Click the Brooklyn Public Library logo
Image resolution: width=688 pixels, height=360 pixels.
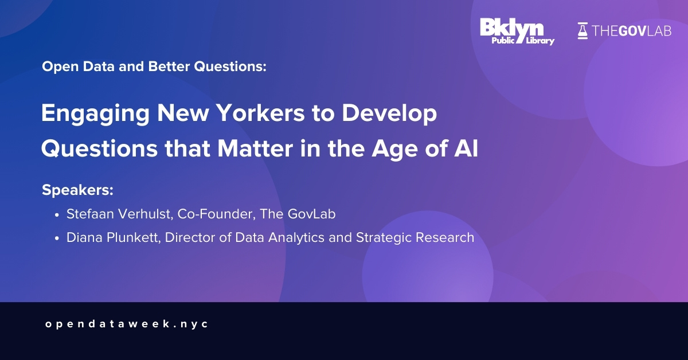[x=517, y=32]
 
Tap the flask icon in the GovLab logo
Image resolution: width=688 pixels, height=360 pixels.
[x=583, y=31]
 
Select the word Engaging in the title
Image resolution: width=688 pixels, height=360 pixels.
[x=96, y=114]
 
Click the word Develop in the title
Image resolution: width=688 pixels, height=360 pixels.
[x=389, y=114]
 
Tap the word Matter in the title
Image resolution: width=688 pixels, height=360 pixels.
[x=255, y=148]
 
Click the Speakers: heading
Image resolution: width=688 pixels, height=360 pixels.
[x=78, y=190]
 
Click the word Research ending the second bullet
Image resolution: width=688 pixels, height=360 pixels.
[x=415, y=237]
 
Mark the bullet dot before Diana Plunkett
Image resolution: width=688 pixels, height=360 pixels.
[x=57, y=238]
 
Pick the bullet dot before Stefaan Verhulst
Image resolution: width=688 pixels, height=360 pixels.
[x=57, y=215]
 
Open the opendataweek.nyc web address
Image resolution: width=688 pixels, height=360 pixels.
[x=127, y=324]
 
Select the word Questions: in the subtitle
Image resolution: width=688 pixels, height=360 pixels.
[x=230, y=66]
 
